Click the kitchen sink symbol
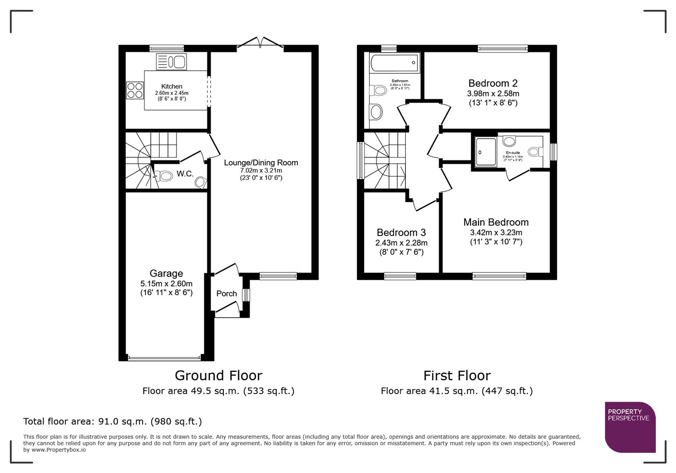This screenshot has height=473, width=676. pos(172,62)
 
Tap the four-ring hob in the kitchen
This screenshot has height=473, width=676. pos(135,90)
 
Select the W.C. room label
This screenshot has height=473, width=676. pos(185,174)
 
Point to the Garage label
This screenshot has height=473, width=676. pos(166,274)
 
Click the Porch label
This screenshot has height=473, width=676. pos(226,293)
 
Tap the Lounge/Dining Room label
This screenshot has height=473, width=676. pos(261,162)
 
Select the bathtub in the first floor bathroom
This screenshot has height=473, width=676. pos(394,63)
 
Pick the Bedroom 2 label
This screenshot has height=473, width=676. pos(493,83)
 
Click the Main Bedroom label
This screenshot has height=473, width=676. pos(496,222)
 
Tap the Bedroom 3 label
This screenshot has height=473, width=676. pos(401,233)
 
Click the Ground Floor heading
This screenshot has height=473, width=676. pos(218,375)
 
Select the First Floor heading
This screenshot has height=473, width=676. pos(457,375)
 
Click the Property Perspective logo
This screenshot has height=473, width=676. pos(630,427)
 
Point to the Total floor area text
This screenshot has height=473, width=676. pos(113,421)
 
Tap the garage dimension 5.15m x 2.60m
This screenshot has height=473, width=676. pos(166,283)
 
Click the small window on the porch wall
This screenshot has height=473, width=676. pos(246,295)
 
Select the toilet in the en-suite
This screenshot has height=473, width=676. pos(533,152)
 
